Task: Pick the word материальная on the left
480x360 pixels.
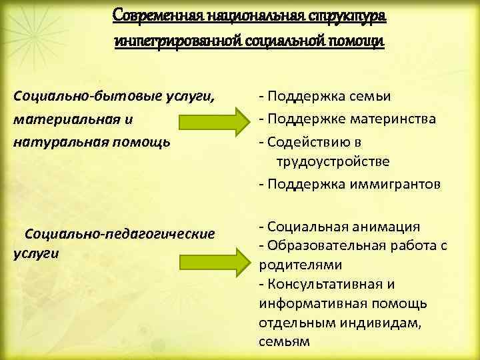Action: (53, 120)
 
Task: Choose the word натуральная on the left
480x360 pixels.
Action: (52, 142)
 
